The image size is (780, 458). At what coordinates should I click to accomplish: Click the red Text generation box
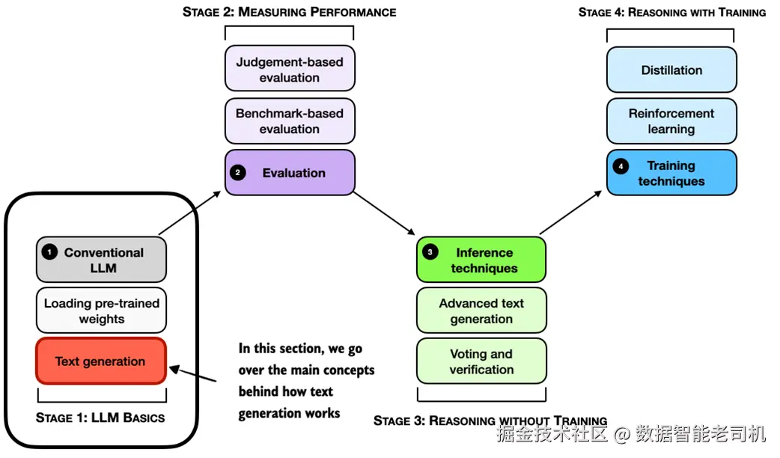100,361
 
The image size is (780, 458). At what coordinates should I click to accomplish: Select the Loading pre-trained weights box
101,311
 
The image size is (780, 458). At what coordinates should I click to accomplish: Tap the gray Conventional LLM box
101,260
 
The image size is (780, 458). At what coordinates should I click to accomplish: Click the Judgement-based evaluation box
290,69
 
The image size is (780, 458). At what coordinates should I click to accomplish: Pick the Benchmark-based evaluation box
290,120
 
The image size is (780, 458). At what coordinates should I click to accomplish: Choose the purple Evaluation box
290,173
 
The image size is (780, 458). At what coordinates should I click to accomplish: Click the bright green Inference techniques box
481,260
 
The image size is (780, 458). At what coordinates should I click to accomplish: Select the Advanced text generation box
481,311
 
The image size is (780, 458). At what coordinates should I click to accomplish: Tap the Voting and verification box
481,361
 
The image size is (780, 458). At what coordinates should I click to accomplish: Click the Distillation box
671,70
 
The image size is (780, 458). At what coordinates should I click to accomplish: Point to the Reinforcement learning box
671,120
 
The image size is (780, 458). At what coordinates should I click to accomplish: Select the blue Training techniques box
671,173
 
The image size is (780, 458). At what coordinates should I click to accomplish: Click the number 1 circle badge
49,252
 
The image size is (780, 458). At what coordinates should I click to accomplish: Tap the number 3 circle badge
430,252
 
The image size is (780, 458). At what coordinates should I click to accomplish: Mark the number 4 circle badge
621,165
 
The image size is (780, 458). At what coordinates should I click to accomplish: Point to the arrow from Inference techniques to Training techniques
571,213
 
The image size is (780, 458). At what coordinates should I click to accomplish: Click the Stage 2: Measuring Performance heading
290,12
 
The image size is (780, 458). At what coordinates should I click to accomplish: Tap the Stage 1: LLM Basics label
100,418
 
